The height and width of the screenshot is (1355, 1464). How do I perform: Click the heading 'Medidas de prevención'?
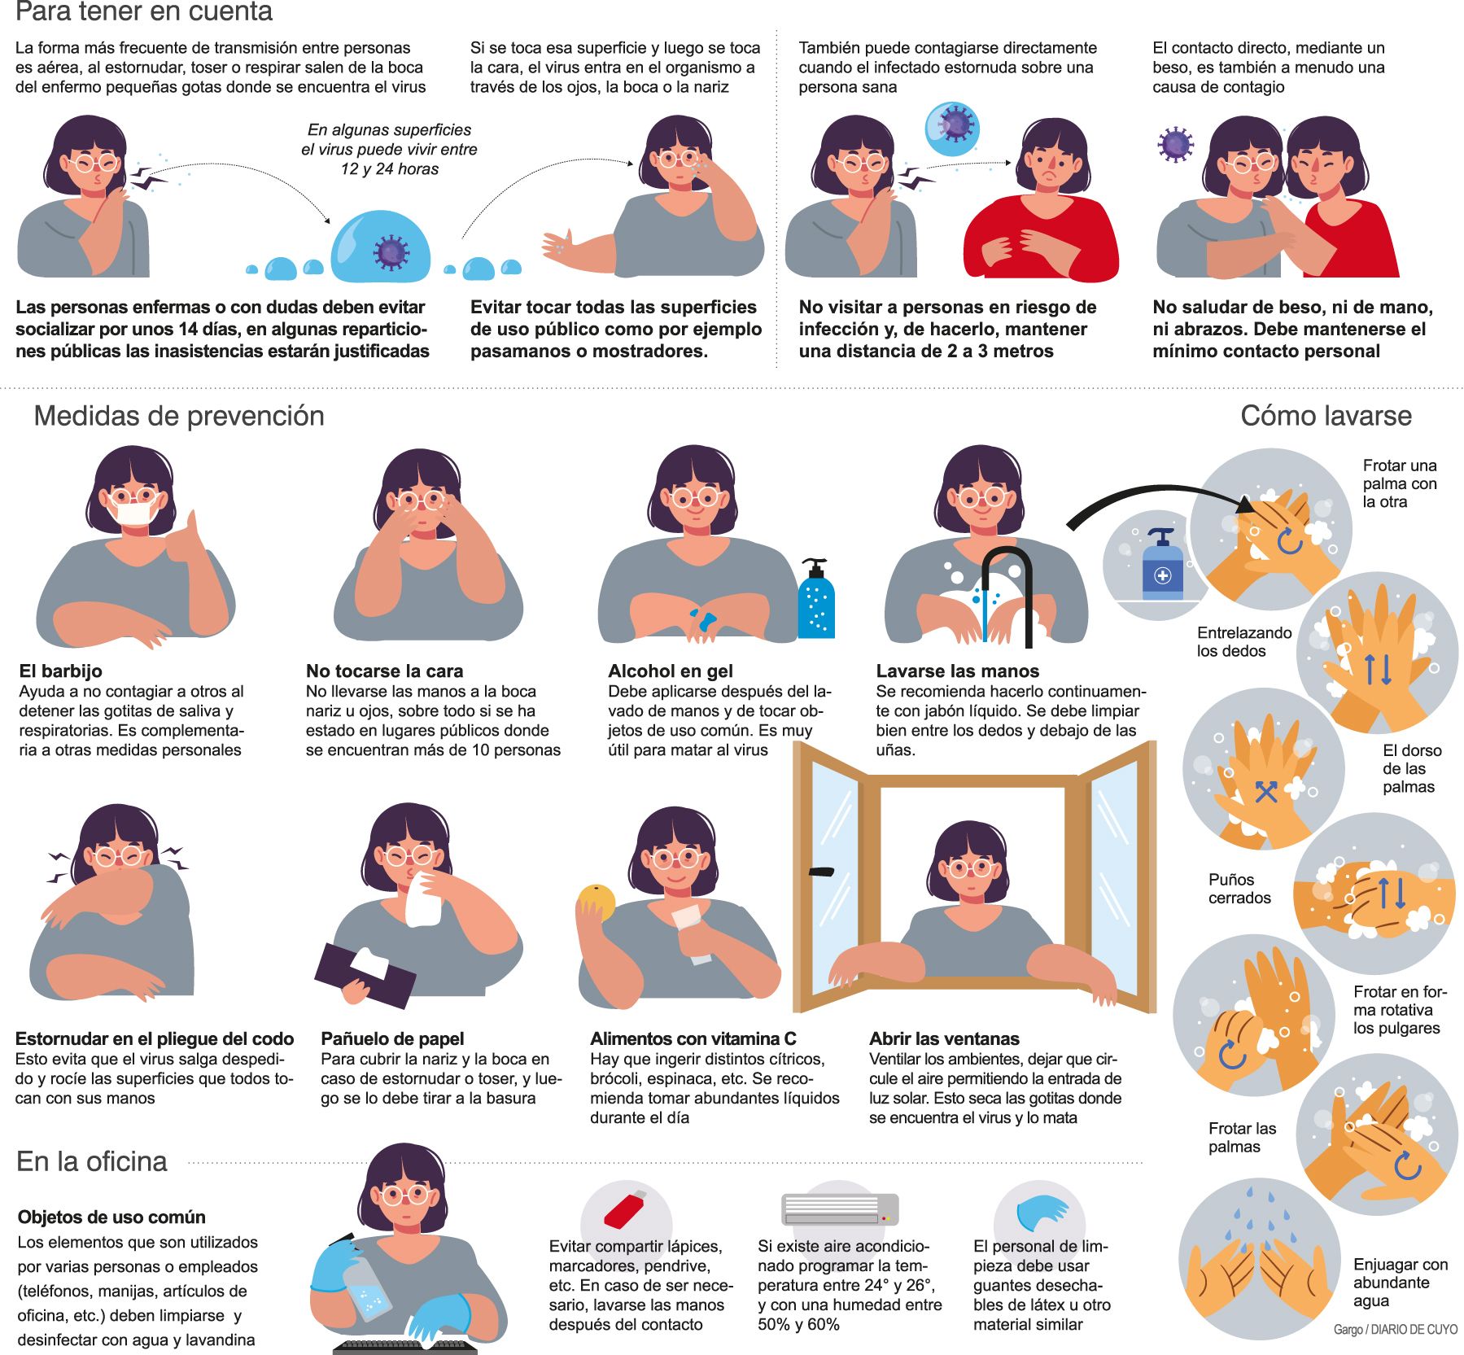pos(179,416)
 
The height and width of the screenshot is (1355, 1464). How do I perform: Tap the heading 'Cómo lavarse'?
pos(1326,416)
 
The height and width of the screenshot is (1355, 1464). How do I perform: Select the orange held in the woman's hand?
pos(596,903)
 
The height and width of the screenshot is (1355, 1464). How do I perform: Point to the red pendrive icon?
pos(624,1211)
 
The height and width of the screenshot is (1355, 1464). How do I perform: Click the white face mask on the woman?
pos(135,514)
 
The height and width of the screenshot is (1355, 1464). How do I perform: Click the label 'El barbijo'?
pos(61,671)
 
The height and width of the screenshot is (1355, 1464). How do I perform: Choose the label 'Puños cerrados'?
pos(1239,889)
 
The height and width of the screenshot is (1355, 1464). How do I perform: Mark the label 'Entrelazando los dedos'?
pos(1243,641)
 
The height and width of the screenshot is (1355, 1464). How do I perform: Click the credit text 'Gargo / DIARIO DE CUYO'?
pos(1395,1329)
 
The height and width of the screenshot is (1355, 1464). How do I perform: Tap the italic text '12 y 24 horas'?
pos(390,169)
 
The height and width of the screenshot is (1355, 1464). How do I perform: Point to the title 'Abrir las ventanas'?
pos(944,1039)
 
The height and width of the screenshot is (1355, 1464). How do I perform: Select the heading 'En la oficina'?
pos(92,1161)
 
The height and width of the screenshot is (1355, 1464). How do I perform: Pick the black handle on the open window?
pos(821,872)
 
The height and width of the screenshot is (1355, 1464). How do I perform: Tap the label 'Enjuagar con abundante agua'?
pos(1400,1282)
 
